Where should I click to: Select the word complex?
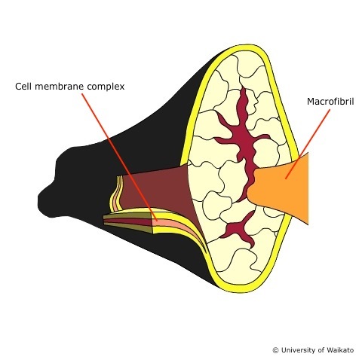coord(106,87)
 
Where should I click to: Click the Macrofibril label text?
coord(330,102)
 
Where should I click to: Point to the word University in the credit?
coord(299,350)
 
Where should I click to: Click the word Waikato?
coord(341,350)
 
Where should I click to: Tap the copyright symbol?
coord(276,350)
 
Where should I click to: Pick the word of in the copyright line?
coord(322,350)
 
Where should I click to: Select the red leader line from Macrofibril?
coord(308,144)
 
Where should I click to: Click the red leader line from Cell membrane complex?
coord(119,157)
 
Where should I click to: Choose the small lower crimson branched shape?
coord(239,228)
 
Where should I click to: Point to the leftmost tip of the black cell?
coord(38,198)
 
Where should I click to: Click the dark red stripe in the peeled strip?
coord(128,221)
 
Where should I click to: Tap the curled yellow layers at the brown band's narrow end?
coord(115,194)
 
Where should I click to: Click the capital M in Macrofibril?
coord(311,102)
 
